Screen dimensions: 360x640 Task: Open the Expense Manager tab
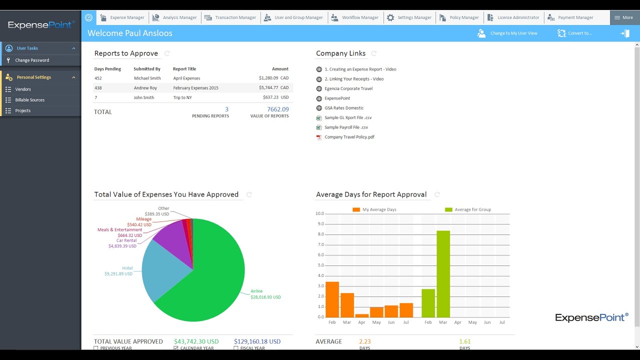122,17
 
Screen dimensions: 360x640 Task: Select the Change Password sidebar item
32,60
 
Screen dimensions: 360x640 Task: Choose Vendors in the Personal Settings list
23,89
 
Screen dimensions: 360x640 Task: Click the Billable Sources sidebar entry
29,100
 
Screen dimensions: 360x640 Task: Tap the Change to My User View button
508,33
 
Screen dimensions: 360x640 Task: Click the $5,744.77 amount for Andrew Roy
268,88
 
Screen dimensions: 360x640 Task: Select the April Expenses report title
186,78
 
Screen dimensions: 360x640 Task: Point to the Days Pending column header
107,69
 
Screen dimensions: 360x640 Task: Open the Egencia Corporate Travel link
348,88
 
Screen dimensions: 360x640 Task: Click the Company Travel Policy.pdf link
349,137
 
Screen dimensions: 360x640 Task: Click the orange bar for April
362,315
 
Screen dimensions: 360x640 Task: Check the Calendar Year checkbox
176,348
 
